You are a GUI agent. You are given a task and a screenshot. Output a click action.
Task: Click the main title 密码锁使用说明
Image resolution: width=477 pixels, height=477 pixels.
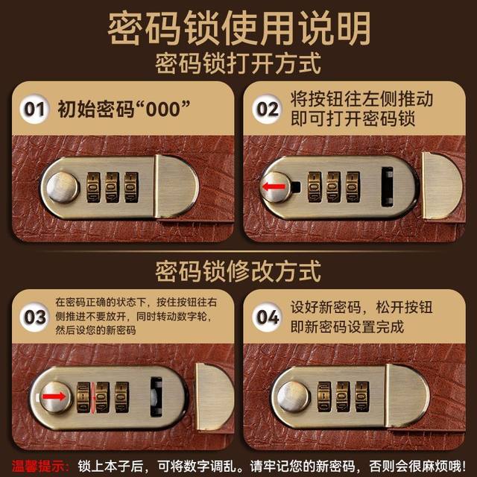(238, 28)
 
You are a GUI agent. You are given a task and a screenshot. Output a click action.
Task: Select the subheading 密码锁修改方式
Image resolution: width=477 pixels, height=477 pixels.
(238, 269)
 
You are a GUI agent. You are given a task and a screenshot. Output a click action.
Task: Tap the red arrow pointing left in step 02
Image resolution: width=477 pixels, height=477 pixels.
(274, 186)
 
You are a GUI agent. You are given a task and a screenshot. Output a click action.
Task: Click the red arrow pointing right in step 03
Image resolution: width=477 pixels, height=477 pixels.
(52, 395)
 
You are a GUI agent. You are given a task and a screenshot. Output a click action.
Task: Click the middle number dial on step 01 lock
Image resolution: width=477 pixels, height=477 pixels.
(113, 187)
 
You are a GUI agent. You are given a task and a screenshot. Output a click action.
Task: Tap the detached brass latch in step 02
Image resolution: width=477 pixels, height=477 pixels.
(441, 186)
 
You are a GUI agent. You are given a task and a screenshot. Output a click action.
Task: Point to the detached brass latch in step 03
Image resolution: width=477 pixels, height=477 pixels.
(214, 395)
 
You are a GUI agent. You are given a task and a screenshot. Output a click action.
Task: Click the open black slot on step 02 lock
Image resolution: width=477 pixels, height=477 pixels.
(388, 186)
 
